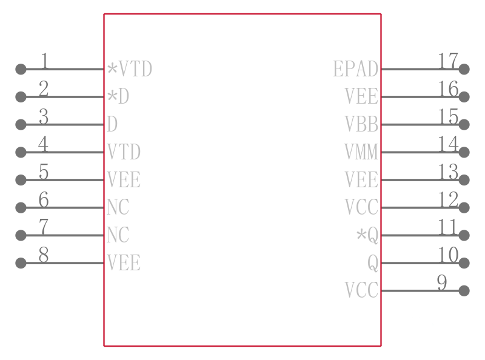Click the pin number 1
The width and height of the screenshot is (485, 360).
pos(45,61)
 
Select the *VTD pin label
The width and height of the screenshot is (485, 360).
pos(130,69)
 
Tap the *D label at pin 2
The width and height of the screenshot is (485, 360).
pos(118,96)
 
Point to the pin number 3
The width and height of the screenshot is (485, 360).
pos(44,116)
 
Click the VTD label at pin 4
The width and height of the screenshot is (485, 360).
pos(124,152)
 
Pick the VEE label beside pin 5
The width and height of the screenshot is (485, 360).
pos(124,179)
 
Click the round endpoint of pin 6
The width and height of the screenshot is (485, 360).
pos(21,207)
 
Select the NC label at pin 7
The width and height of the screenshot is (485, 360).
pos(118,235)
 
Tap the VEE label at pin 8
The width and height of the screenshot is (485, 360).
pos(124,263)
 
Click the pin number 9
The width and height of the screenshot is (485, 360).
pos(442,282)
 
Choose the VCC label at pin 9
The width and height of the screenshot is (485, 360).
pos(361,290)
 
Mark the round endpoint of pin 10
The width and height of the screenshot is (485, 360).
pos(464,263)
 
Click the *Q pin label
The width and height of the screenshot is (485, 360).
pos(367,236)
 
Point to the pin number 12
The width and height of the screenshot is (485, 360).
pos(448,199)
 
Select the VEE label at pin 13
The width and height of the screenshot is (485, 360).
pos(361,179)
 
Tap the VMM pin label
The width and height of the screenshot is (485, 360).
pos(361,152)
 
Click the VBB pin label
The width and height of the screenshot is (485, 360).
pos(361,124)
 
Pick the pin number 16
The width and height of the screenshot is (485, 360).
pos(448,88)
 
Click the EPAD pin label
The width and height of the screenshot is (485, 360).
pos(356,69)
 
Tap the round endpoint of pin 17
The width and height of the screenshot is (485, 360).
pos(464,69)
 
